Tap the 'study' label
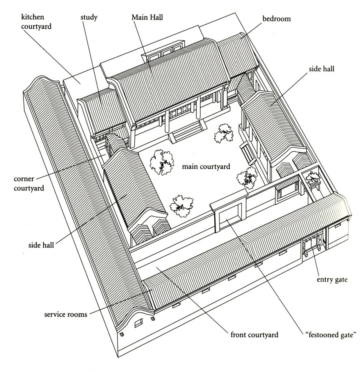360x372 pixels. [x=89, y=18]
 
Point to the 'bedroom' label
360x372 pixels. [x=276, y=19]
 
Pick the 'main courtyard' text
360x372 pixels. [x=206, y=166]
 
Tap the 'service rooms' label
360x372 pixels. [x=66, y=314]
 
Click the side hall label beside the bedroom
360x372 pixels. [x=321, y=69]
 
